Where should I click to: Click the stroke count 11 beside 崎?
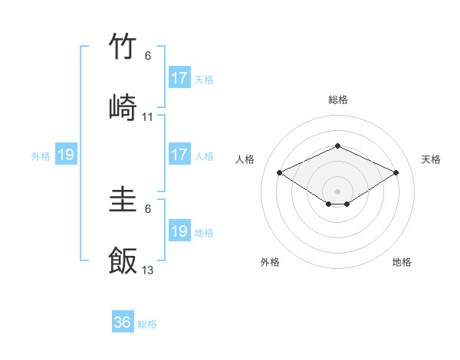point(148,117)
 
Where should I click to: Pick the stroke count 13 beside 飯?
point(148,270)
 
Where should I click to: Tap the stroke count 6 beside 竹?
point(148,56)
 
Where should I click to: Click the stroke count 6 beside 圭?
point(148,209)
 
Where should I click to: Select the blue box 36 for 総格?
point(123,322)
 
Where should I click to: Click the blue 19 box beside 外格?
point(66,155)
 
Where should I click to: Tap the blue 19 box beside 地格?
point(179,231)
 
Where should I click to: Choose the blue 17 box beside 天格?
point(179,78)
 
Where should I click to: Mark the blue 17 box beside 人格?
point(179,155)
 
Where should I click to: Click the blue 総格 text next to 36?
point(147,324)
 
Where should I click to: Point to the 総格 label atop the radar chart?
point(337,100)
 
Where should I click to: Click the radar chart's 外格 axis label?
point(270,263)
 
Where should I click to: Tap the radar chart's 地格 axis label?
point(402,263)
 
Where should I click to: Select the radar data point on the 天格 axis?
point(396,173)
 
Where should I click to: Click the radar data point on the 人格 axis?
point(279,173)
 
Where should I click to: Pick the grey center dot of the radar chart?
point(337,191)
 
